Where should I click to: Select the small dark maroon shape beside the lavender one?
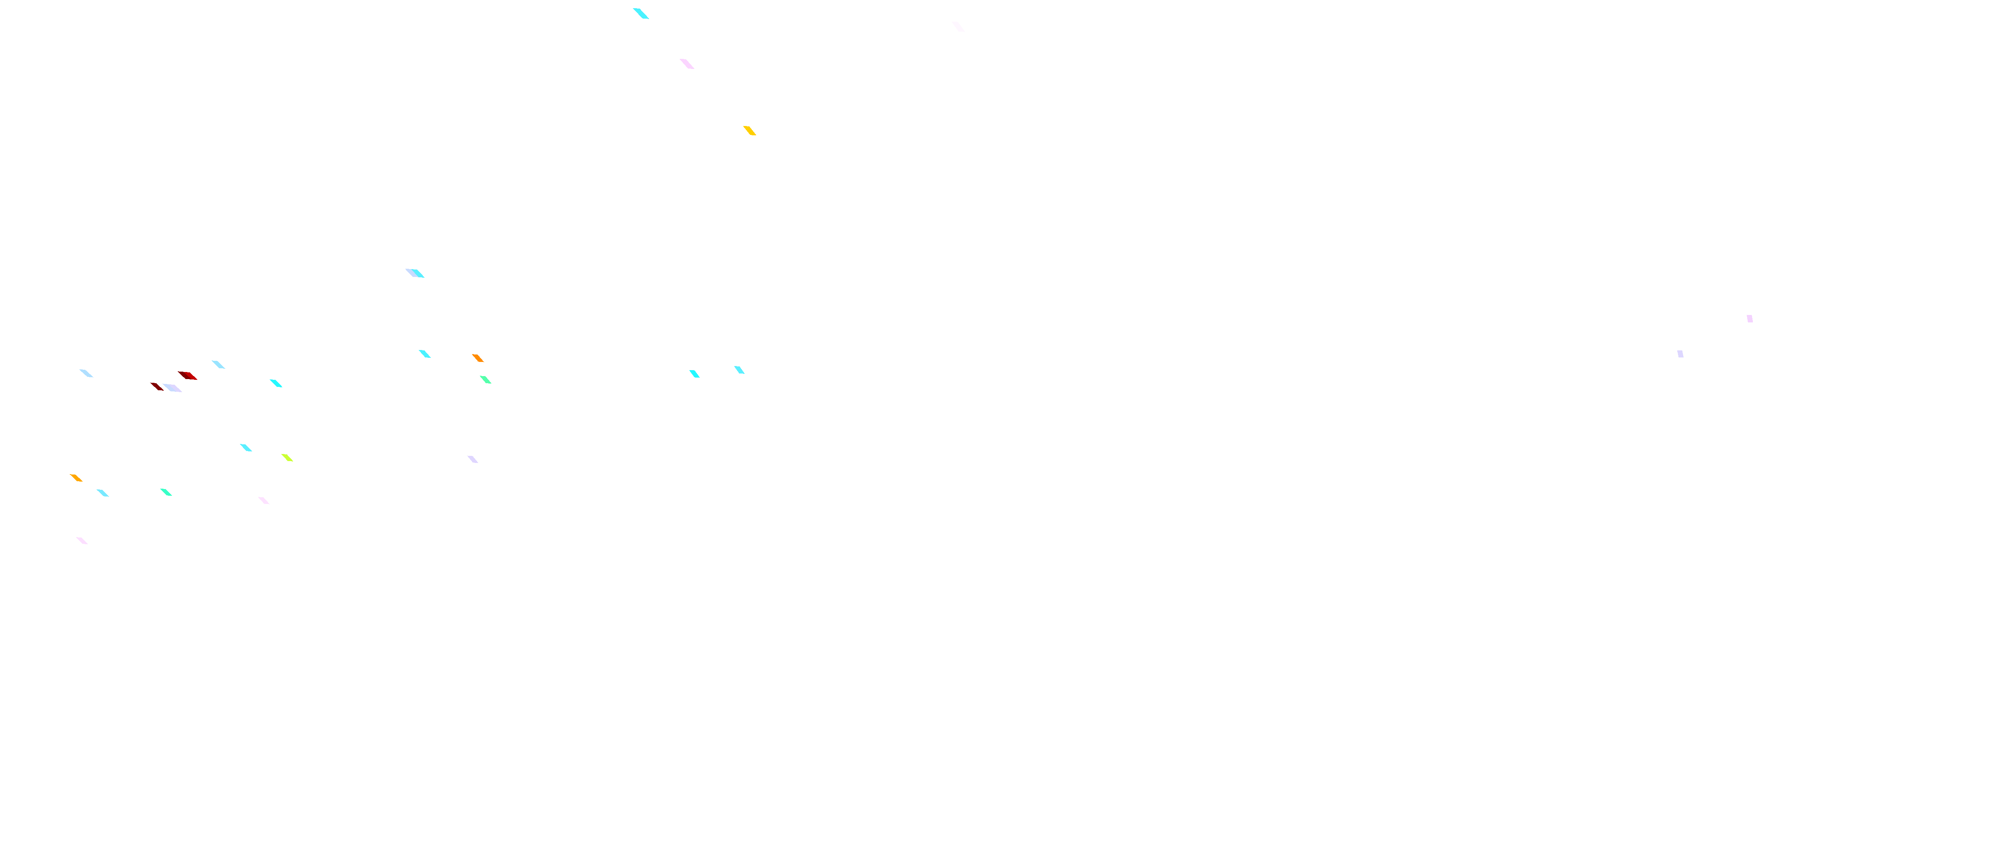point(157,387)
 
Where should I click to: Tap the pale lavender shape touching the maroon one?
point(173,388)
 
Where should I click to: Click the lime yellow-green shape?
point(287,457)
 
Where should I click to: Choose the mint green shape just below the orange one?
point(486,379)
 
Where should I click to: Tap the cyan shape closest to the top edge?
point(641,13)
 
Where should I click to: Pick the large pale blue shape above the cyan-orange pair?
point(415,273)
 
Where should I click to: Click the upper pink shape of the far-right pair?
point(1750,318)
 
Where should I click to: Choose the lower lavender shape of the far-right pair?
point(1680,354)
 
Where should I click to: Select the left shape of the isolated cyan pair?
point(694,374)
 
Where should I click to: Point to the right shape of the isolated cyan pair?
point(739,370)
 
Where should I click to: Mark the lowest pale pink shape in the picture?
point(82,540)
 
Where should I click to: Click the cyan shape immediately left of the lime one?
point(245,447)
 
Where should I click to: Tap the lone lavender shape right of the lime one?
point(473,459)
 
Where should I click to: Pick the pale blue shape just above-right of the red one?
point(219,364)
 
